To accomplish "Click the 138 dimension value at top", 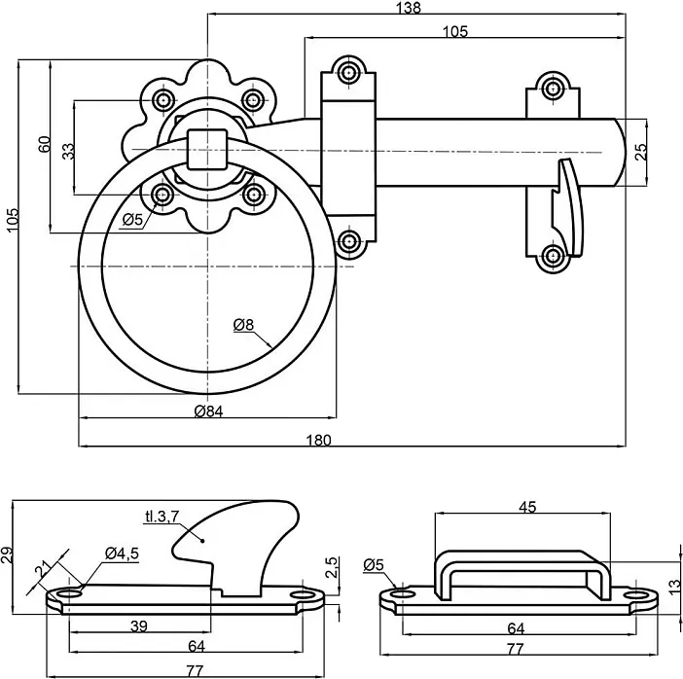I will [x=410, y=9].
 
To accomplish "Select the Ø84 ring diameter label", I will [x=208, y=411].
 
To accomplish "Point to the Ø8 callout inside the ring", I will [x=243, y=326].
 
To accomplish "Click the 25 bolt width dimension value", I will [x=639, y=152].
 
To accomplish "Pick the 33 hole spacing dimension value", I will [x=67, y=151].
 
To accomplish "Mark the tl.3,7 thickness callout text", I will [x=162, y=517].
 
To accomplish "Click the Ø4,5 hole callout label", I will [x=123, y=554].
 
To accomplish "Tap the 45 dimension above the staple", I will [x=526, y=507].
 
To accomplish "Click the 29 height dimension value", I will [x=9, y=555].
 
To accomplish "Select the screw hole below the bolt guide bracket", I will [x=347, y=240].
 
